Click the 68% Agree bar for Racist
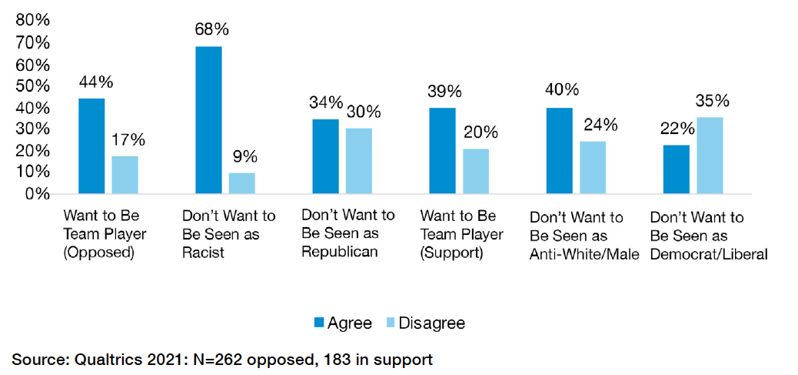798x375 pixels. (x=208, y=119)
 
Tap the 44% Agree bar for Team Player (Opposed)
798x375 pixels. (x=91, y=146)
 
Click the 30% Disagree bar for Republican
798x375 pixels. (x=359, y=160)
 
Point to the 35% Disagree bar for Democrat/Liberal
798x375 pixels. (x=710, y=155)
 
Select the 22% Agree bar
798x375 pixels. (x=676, y=169)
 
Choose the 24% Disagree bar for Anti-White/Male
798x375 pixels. (x=593, y=166)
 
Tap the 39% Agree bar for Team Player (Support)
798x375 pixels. (x=442, y=150)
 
